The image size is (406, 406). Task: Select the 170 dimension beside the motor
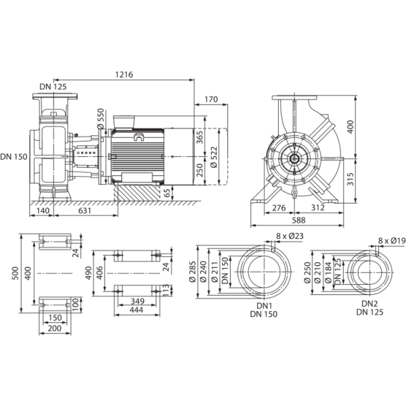point(210,101)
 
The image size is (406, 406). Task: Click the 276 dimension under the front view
point(279,207)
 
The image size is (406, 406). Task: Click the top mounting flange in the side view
point(53,99)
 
